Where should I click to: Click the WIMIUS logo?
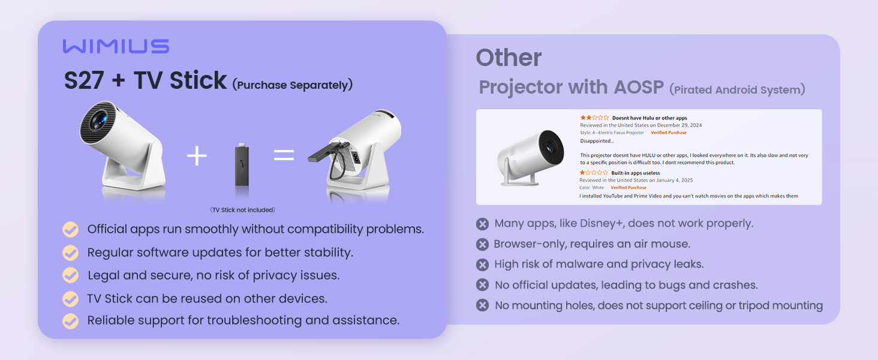(x=116, y=47)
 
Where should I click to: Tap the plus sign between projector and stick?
(x=197, y=156)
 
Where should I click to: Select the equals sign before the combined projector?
(x=284, y=155)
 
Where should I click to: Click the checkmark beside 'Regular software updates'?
(x=71, y=253)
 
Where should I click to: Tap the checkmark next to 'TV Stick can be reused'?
(x=71, y=298)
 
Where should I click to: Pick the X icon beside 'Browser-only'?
(x=482, y=244)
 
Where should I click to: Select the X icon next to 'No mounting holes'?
(x=482, y=305)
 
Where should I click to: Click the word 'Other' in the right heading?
(x=509, y=58)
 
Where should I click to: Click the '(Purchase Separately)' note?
(x=292, y=85)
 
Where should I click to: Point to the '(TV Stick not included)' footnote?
(x=242, y=210)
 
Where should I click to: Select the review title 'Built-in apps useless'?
(x=636, y=173)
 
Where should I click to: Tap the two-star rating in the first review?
(x=594, y=118)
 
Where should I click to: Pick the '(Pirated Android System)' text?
(x=737, y=90)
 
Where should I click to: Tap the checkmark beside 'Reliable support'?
(x=71, y=320)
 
